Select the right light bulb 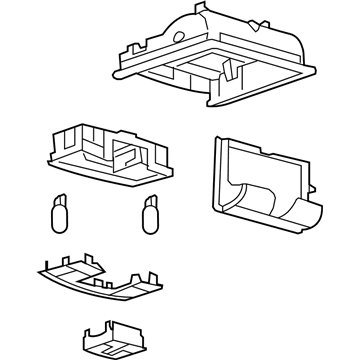point(153,213)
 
